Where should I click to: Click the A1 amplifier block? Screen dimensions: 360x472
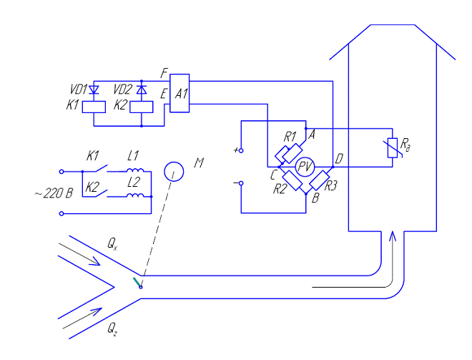pyautogui.click(x=180, y=93)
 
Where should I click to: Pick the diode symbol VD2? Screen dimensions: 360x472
pyautogui.click(x=142, y=89)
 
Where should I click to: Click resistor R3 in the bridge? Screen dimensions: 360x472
pyautogui.click(x=320, y=180)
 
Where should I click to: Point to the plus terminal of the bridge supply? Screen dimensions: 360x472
pyautogui.click(x=241, y=151)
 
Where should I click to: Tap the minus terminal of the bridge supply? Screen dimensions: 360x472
pyautogui.click(x=241, y=183)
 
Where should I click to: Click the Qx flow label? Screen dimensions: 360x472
pyautogui.click(x=112, y=245)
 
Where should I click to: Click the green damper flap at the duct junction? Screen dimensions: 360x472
pyautogui.click(x=136, y=283)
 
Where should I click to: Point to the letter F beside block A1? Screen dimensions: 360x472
pyautogui.click(x=164, y=73)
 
